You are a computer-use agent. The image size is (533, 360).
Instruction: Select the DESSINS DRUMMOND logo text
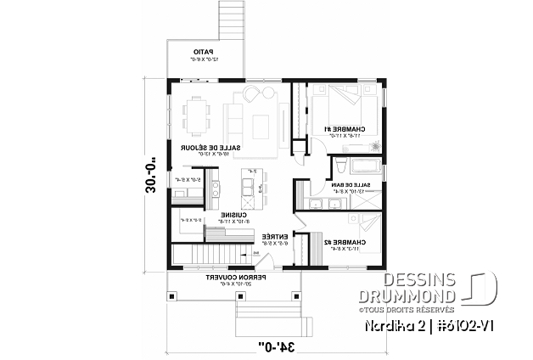418,288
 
